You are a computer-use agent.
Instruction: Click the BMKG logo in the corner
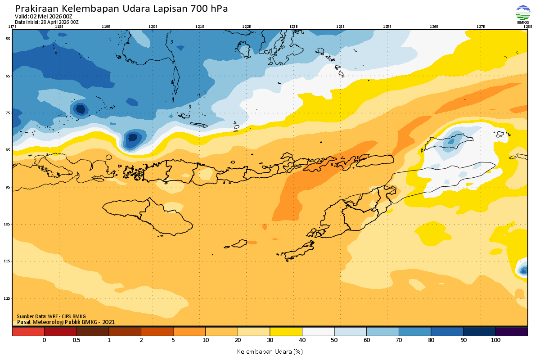tap(523, 14)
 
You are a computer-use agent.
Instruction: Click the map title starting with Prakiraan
tap(121, 9)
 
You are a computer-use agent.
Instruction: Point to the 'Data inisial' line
tap(47, 22)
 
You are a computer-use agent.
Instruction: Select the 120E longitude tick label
tap(153, 27)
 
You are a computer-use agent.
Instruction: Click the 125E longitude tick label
tap(387, 27)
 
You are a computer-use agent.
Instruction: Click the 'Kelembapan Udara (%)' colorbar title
tap(270, 351)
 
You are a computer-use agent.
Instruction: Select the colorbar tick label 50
tap(334, 340)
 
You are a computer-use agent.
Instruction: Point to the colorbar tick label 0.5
tap(76, 340)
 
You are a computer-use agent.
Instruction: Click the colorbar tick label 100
tap(495, 340)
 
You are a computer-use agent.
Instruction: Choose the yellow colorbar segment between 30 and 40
tap(286, 332)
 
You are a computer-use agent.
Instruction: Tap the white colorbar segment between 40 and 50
tap(318, 332)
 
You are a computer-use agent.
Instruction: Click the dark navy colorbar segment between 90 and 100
tap(479, 332)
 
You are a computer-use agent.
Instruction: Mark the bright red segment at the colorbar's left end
tap(28, 332)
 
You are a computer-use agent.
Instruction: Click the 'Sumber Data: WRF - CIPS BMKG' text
tap(51, 316)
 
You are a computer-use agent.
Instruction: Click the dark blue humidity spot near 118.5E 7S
tap(80, 109)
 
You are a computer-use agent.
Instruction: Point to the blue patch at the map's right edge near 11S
tap(523, 270)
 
